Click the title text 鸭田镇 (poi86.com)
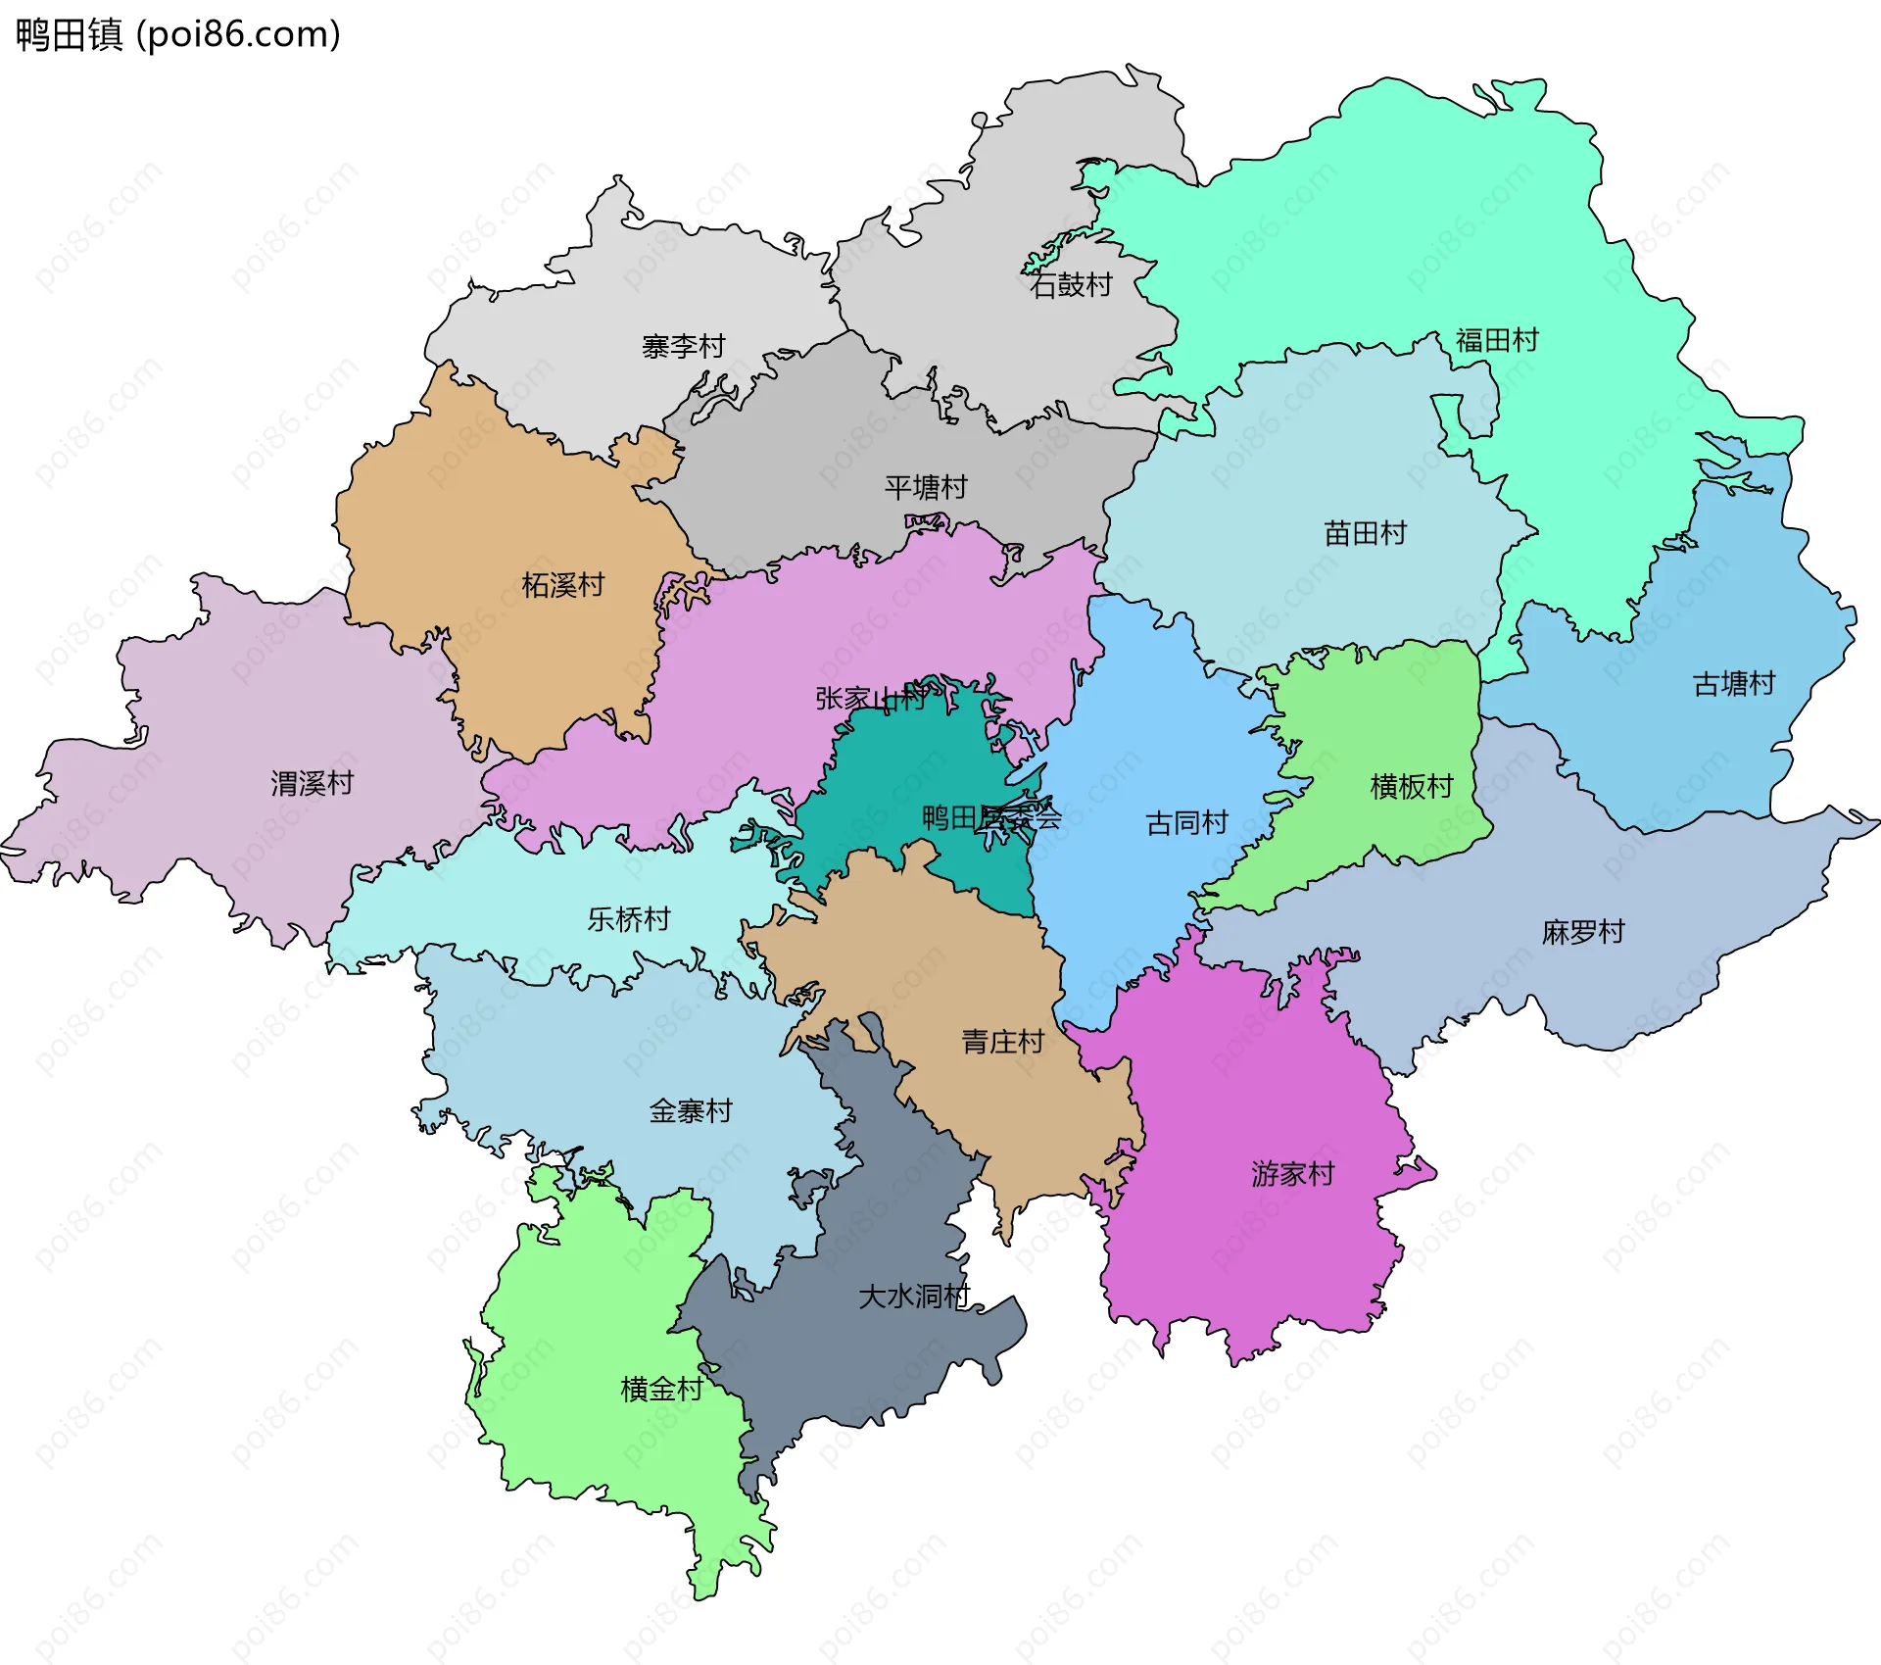click(178, 35)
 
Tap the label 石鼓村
click(1072, 285)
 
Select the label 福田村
click(1497, 340)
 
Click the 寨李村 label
click(683, 346)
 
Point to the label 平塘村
click(926, 487)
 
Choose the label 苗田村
click(1365, 533)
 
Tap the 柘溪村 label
click(562, 585)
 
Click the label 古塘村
click(1734, 683)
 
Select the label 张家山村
click(871, 699)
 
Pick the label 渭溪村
click(312, 783)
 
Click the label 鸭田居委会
click(991, 817)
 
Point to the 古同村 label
click(1186, 822)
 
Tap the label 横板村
click(1411, 786)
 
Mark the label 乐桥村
click(628, 918)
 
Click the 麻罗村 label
click(1583, 931)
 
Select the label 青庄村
click(1002, 1041)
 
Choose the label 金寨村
click(690, 1110)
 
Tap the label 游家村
click(1292, 1173)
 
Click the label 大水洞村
click(913, 1297)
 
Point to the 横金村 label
click(661, 1389)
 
